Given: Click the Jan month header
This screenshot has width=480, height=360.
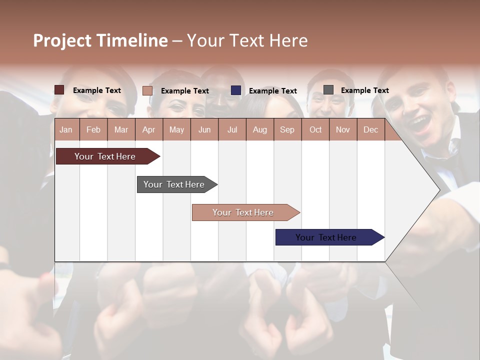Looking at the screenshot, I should point(66,129).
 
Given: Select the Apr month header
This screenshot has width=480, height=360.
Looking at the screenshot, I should point(149,129).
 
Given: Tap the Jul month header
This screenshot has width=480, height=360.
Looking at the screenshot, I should point(232,129).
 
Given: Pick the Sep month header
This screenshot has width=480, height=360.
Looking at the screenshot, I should point(287,129).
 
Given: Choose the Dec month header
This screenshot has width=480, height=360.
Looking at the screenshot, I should point(370,129).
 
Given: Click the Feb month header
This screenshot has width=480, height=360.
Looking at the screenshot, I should point(93,129).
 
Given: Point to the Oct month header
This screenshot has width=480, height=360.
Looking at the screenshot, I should point(315,129).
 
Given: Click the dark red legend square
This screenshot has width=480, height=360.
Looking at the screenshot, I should point(59,90).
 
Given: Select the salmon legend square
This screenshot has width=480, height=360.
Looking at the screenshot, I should point(147,90).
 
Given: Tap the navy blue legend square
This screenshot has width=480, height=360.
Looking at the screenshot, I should point(236,90).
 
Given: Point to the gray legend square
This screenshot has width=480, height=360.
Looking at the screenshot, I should point(328,90).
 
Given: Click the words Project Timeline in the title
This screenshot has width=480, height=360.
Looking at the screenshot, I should point(100,40).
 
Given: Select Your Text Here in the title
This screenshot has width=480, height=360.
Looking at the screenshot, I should point(247,40).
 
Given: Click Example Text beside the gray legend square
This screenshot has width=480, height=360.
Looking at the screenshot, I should point(364,90).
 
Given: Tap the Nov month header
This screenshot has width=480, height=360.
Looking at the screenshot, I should point(343,129).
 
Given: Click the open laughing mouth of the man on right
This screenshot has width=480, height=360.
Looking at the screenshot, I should point(421,123).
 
